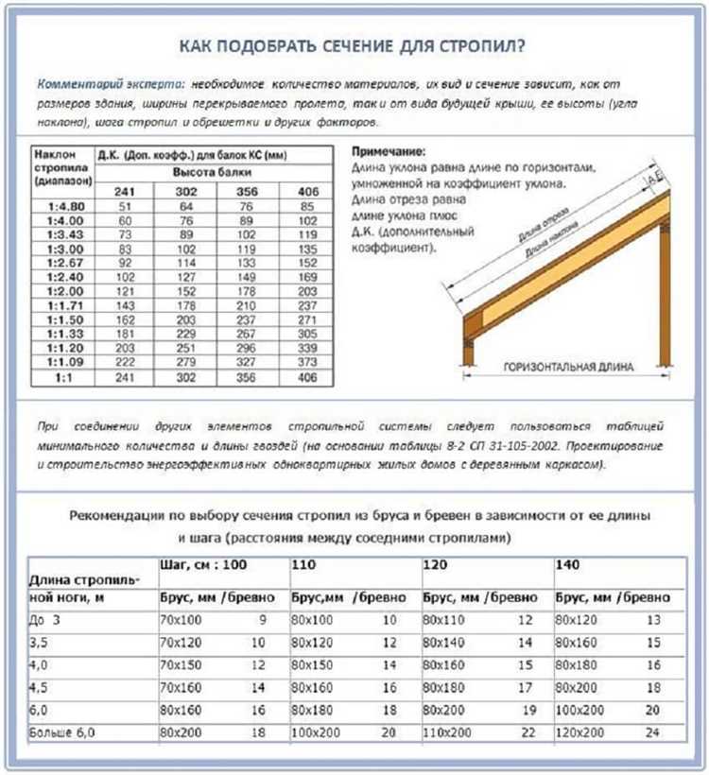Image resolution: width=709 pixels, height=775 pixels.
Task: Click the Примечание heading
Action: coord(389,151)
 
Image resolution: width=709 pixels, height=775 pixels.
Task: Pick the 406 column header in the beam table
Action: coord(309,192)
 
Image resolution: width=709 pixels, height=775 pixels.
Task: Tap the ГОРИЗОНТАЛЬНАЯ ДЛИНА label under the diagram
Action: coord(562,367)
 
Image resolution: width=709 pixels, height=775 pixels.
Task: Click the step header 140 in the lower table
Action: coord(566,565)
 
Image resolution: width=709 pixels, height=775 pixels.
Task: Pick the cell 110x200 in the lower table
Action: coord(447,732)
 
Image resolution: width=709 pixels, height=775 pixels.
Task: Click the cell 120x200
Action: coord(579,732)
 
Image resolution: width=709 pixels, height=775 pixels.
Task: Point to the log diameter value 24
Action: coord(653,732)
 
